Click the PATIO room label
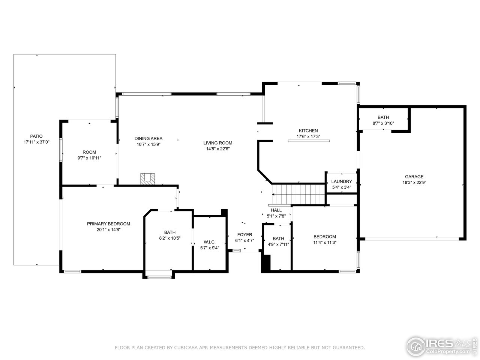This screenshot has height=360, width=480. (x=36, y=136)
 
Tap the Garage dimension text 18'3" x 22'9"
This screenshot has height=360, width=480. (x=414, y=183)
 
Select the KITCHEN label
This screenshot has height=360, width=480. (x=308, y=130)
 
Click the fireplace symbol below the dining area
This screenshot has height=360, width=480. (x=147, y=178)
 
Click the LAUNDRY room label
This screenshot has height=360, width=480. (x=341, y=181)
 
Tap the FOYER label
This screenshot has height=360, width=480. (x=244, y=235)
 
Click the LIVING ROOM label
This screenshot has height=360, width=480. (x=217, y=143)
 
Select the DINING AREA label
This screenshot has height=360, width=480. (x=148, y=138)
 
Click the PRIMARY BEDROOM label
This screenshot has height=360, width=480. (x=108, y=224)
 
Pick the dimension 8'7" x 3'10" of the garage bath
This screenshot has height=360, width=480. (x=383, y=123)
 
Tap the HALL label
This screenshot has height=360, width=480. (x=276, y=210)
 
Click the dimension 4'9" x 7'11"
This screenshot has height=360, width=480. (x=278, y=244)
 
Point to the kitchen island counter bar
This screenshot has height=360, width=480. (x=308, y=141)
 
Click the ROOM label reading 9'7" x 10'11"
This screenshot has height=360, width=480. (x=89, y=152)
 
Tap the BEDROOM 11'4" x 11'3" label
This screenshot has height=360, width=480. (x=325, y=237)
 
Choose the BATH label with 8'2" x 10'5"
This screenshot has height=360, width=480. (x=169, y=232)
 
